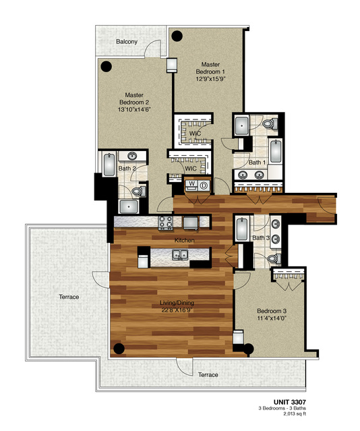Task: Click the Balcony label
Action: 127,42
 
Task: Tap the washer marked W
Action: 191,184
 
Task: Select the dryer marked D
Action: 203,184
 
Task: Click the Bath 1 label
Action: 256,163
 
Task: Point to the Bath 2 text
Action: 127,169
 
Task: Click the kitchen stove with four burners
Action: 166,222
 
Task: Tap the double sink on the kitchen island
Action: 179,254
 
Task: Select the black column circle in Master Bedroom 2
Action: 107,66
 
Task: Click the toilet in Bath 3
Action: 274,258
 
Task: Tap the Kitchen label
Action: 185,241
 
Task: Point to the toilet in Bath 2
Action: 138,192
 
